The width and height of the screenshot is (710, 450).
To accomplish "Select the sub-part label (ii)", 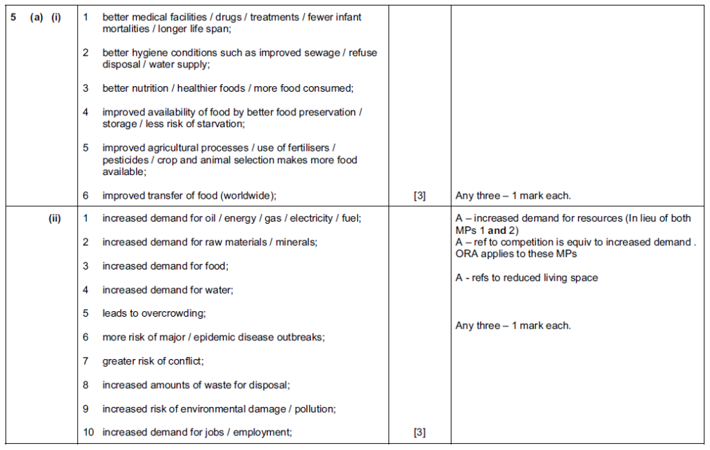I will (x=54, y=218).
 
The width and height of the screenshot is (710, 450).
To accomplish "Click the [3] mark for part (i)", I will (x=420, y=196).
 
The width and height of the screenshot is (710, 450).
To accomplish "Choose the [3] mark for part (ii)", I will (x=420, y=433).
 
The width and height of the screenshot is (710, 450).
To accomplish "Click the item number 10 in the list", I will (x=88, y=433).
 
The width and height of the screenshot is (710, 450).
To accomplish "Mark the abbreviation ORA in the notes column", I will (x=467, y=253).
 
